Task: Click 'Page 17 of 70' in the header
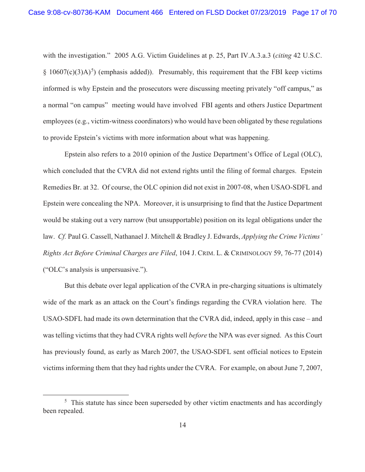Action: point(314,13)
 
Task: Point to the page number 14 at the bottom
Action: point(182,425)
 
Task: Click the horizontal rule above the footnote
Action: point(85,395)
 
